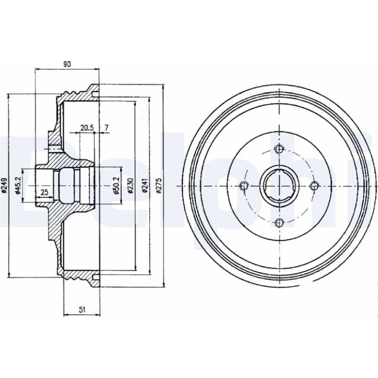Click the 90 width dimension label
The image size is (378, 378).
pos(67,64)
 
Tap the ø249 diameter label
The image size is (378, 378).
pos(4,186)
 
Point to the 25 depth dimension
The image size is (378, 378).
pos(45,192)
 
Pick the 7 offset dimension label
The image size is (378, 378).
pos(107,128)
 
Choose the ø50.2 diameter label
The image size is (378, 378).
pos(116,186)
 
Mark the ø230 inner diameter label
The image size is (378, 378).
pos(131,186)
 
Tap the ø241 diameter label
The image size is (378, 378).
pos(145,186)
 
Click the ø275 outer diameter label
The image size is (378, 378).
pos(159,186)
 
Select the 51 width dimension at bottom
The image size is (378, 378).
pos(82,310)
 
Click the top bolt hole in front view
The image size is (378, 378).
pos(279,149)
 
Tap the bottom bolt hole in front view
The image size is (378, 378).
pos(279,222)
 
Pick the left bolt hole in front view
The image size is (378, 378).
pos(244,186)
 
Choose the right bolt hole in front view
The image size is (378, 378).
pos(314,186)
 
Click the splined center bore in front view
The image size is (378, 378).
pos(279,186)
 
